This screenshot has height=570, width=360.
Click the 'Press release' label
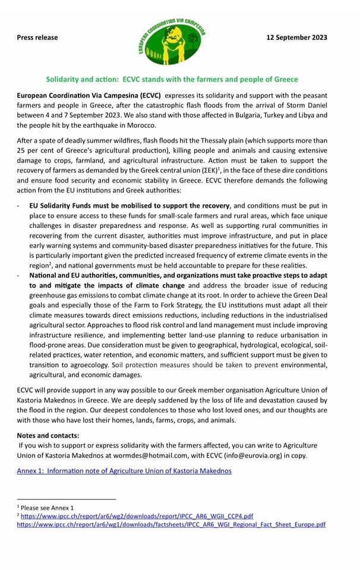coord(37,37)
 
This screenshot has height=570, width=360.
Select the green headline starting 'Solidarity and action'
coord(172,79)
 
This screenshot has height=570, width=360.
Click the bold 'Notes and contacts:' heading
coord(48,436)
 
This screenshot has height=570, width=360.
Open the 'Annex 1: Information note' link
coord(124,471)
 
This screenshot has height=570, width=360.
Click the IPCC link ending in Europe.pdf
coord(171,525)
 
